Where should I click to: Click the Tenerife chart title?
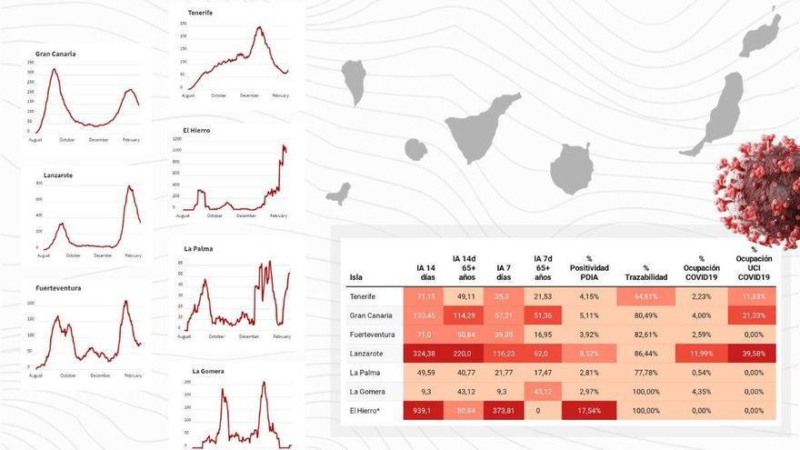click(x=201, y=13)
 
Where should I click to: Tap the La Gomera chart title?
click(x=208, y=371)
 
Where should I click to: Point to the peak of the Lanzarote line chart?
click(x=129, y=187)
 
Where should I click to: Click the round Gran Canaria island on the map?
click(x=572, y=169)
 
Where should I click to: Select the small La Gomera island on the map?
click(x=415, y=149)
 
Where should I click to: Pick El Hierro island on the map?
click(x=338, y=194)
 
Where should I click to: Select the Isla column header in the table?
click(x=355, y=277)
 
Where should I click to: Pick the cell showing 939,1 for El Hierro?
click(x=424, y=410)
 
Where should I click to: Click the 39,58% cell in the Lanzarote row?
click(x=753, y=353)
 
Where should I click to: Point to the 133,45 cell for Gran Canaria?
click(x=424, y=315)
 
